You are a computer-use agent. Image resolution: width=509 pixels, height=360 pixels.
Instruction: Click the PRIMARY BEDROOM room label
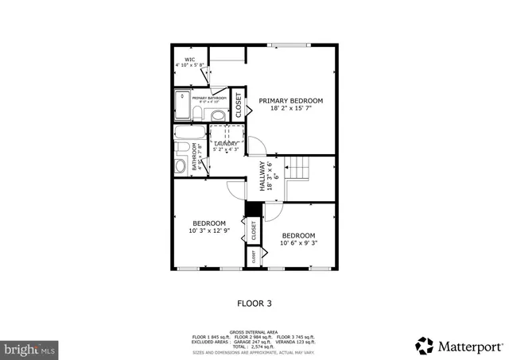(291, 101)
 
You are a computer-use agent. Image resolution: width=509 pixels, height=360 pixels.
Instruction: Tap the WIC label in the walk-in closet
(190, 60)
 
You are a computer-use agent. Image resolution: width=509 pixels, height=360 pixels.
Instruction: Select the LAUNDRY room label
(226, 143)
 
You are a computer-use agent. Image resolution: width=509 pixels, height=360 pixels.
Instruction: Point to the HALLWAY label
(262, 176)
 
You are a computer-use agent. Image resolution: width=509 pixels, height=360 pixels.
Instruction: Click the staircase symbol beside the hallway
(297, 168)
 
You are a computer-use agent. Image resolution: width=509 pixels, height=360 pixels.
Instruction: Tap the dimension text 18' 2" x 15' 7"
(291, 110)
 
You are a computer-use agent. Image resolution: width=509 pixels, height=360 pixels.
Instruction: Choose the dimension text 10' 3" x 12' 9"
(209, 231)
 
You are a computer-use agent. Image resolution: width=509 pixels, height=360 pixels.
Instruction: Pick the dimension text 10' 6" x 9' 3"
(298, 243)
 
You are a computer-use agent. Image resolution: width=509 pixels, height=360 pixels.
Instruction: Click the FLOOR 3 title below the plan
(254, 303)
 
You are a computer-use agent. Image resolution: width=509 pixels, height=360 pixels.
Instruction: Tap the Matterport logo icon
(425, 346)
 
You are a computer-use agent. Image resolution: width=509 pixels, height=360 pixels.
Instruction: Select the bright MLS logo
(30, 348)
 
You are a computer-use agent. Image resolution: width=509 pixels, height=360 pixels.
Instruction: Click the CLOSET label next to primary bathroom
(238, 105)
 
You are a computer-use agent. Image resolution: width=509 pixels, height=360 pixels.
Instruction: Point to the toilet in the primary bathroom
(219, 115)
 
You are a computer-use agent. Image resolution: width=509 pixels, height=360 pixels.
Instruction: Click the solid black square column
(253, 209)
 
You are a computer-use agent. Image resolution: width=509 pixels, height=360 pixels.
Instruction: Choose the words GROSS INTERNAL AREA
(254, 331)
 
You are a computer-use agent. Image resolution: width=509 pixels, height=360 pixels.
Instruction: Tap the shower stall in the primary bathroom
(183, 106)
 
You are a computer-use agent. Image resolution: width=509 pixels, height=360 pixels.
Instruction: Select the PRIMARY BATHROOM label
(209, 99)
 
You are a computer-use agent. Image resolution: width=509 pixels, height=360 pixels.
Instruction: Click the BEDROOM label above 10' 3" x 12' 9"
(209, 223)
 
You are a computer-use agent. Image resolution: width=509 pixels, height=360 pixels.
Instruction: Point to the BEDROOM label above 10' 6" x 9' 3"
(298, 235)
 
